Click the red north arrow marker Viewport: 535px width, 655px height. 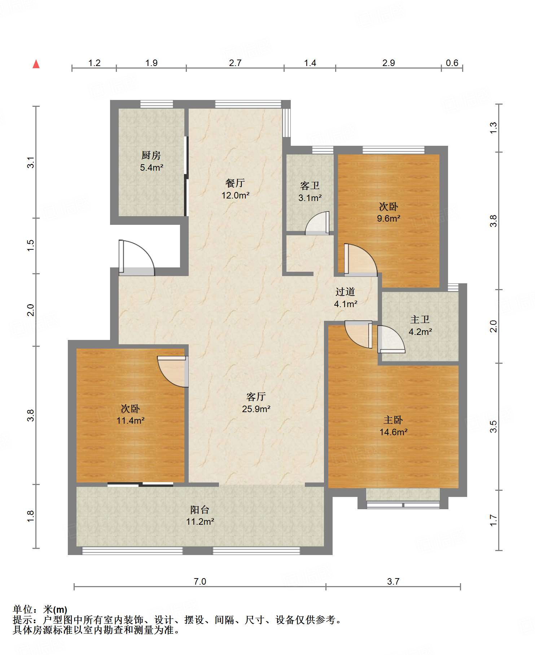coord(36,64)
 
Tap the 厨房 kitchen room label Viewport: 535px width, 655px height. coord(151,155)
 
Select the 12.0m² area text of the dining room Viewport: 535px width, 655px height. coord(236,195)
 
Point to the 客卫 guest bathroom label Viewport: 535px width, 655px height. coord(310,185)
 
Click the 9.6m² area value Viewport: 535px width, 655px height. coord(389,218)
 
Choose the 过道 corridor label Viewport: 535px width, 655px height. coord(345,292)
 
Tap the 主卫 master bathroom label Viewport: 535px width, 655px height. coord(420,319)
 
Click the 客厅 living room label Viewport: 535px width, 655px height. coord(256,397)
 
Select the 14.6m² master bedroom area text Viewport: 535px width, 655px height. coord(394,432)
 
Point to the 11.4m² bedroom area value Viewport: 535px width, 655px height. coord(131,420)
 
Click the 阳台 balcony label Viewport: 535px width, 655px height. coord(200,510)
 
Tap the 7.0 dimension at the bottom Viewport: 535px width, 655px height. coord(200,581)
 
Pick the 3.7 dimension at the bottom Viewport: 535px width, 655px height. coord(393,581)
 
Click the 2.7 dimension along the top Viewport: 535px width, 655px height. coord(235,63)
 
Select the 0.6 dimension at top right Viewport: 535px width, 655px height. coord(452,63)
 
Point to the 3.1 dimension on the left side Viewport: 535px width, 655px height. coord(31,162)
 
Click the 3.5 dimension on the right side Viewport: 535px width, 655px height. coord(493,427)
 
